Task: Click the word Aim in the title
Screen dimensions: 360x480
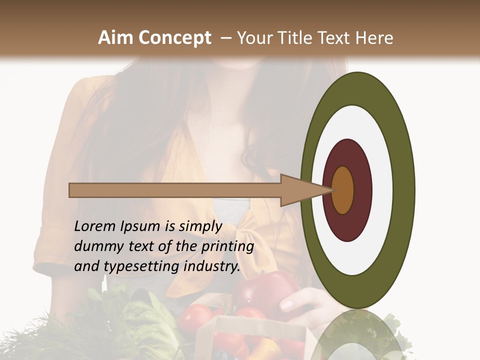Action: [x=116, y=38]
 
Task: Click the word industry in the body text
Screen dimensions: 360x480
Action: [x=212, y=266]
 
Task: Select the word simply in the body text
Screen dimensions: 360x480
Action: [x=200, y=227]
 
